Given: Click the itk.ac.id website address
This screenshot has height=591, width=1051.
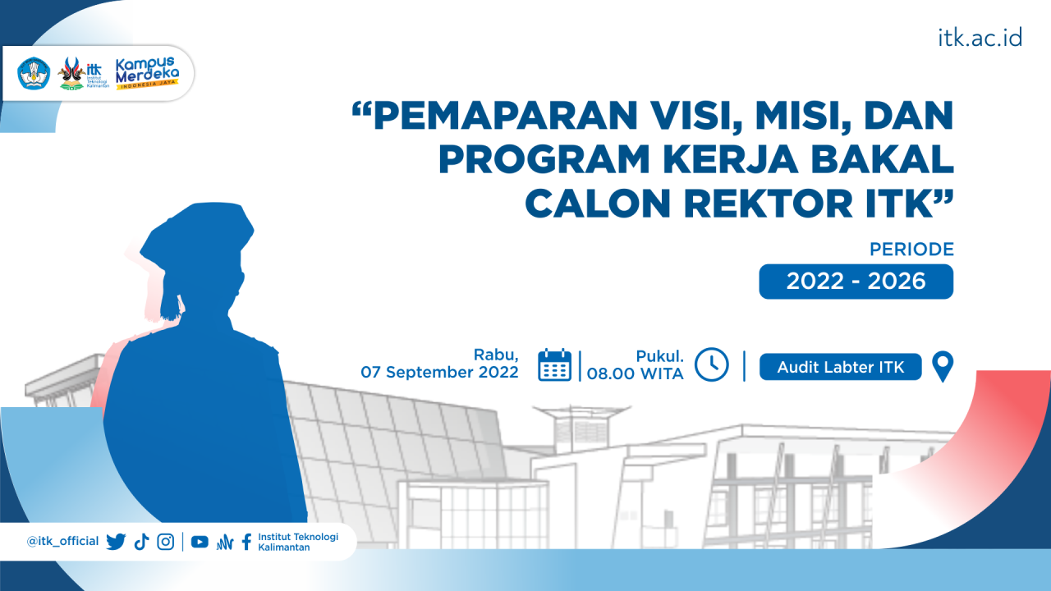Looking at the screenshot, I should click(980, 38).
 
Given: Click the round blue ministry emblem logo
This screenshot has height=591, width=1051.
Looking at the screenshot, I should click(34, 74).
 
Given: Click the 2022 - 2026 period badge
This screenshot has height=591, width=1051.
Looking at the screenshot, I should click(856, 282).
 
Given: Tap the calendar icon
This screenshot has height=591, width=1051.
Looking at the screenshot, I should click(555, 364).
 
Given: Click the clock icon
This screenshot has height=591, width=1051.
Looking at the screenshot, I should click(711, 364).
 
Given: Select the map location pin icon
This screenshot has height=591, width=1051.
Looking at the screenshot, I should click(943, 366).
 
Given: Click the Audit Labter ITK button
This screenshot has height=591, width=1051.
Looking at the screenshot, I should click(840, 367).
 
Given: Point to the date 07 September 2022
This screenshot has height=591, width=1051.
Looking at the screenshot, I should click(440, 372).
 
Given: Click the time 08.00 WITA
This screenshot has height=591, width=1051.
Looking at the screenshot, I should click(635, 373).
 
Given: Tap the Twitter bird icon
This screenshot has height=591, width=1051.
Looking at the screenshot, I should click(116, 542).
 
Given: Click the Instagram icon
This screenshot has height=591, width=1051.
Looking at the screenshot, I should click(166, 542).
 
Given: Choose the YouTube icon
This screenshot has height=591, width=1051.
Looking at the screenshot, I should click(200, 542).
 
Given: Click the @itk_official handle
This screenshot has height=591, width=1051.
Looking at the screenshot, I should click(62, 542).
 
